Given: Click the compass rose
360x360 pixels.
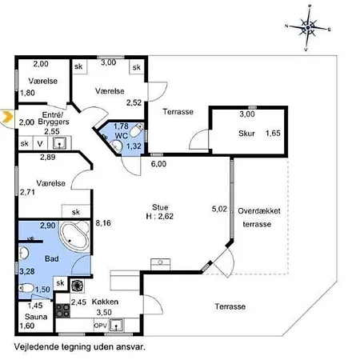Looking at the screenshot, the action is tap(308, 27).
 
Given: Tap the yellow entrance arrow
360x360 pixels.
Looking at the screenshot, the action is tap(7, 117).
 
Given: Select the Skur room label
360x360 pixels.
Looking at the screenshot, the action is tap(246, 134).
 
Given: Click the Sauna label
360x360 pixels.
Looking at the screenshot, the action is tap(36, 317).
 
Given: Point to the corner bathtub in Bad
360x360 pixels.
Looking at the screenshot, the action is tap(74, 236).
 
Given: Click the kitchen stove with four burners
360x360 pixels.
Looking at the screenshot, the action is tap(63, 311).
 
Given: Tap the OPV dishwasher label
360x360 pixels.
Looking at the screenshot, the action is tap(101, 326).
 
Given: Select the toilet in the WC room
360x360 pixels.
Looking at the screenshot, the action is tap(136, 130).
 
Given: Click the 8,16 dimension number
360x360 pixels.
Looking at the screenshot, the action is tap(103, 223).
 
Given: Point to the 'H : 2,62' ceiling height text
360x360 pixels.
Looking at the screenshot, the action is tap(160, 216).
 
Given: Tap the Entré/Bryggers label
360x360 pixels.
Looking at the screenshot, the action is tap(54, 118).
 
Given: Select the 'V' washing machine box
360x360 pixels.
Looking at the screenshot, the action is tap(40, 144).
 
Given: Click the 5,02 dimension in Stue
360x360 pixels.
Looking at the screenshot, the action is tap(219, 209).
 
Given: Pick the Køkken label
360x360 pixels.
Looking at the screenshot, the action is tap(105, 302).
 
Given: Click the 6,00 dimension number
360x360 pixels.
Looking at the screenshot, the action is tap(158, 164).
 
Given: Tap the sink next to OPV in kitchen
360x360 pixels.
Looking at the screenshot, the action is tap(117, 325).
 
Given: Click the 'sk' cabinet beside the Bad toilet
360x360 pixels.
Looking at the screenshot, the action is tap(61, 283).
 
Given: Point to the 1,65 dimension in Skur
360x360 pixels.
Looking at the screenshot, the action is tap(273, 134).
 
